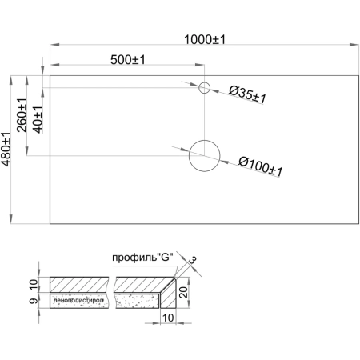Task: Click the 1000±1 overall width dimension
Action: coord(203,37)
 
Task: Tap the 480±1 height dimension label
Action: coord(7,150)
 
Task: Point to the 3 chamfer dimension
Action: coord(193,259)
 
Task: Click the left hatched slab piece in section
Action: coord(80,285)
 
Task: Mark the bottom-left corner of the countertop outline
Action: coord(50,225)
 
